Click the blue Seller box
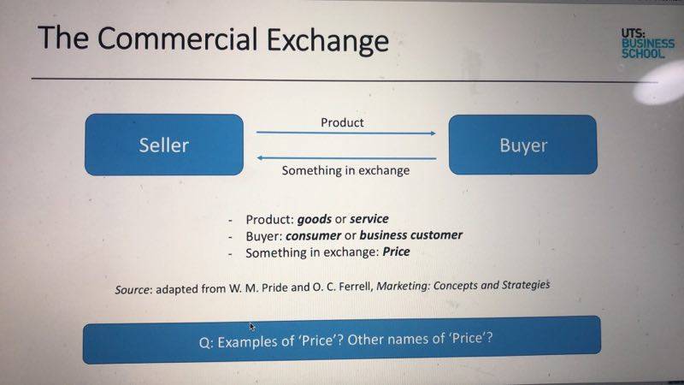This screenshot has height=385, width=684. (x=164, y=145)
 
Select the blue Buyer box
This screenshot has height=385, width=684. (x=522, y=145)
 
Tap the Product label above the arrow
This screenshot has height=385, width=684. (x=342, y=122)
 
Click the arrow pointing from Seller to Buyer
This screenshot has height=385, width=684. (x=346, y=133)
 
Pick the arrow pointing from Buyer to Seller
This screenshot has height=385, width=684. (x=346, y=158)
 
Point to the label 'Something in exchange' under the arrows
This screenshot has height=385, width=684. (x=345, y=170)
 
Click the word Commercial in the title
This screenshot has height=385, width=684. (x=177, y=38)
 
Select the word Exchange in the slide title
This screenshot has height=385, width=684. (x=327, y=40)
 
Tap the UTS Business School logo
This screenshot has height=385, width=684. (x=648, y=44)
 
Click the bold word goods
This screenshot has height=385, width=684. (x=314, y=219)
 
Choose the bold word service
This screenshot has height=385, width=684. (x=369, y=218)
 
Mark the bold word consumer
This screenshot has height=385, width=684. (x=313, y=236)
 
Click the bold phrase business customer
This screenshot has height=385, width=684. (x=411, y=234)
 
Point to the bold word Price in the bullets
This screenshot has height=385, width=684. (x=396, y=252)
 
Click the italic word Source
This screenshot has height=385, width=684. (x=133, y=289)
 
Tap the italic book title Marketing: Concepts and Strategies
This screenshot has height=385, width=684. (x=463, y=286)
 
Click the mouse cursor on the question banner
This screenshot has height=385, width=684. (x=252, y=327)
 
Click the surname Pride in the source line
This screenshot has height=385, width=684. (x=274, y=288)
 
